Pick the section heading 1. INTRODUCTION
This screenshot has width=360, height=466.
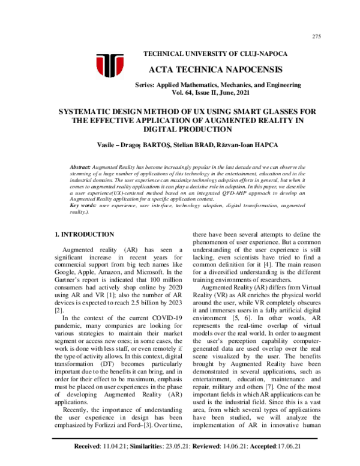tap(85, 234)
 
